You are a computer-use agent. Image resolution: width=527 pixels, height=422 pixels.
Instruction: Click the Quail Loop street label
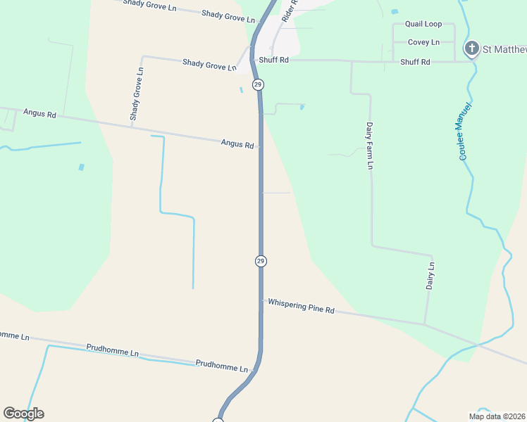coord(423,24)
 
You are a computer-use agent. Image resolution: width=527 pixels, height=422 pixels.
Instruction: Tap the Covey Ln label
coord(423,42)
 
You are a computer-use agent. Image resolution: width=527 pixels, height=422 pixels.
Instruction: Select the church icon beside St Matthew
coord(471,49)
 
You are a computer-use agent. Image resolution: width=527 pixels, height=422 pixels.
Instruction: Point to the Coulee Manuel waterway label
coord(464,131)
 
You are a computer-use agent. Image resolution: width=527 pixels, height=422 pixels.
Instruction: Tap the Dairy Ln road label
coord(431,276)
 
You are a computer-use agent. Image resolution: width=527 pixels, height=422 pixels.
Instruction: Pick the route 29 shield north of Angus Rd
coord(259,84)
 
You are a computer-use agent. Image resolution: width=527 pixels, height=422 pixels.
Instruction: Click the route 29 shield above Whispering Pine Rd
coord(261,261)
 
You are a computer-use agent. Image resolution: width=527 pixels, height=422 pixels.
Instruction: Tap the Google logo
coord(23,414)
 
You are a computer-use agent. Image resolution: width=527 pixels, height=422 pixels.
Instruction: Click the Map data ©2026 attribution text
coord(497,416)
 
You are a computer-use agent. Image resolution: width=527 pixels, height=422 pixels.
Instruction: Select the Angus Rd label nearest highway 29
coord(237,143)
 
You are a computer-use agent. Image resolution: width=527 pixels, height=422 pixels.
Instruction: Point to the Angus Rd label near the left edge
coord(39,113)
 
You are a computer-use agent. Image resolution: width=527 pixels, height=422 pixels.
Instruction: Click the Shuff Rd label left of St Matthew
coord(415,62)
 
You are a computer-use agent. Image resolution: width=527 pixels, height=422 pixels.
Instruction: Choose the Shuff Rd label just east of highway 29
coord(274,60)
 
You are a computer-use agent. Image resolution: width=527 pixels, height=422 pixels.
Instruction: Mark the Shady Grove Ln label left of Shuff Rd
coord(209,65)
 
